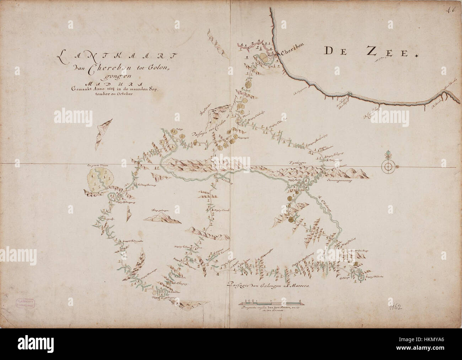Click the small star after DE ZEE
[x=416, y=55]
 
